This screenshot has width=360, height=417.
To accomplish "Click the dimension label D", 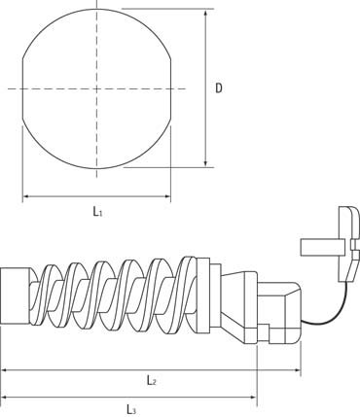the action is (219, 88).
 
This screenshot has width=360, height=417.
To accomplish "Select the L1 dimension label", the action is (97, 212).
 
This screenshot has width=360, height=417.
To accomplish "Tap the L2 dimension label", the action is (152, 380).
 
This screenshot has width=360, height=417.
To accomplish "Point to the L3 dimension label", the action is (131, 409).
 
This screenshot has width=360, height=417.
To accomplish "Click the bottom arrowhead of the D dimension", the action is (205, 163).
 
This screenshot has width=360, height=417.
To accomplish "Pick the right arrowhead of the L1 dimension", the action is (166, 196).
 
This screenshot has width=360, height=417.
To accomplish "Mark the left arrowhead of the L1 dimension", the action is (26, 196).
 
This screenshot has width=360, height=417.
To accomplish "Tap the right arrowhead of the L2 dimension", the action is (297, 369).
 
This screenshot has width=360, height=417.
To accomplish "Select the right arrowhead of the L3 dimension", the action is (253, 397).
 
